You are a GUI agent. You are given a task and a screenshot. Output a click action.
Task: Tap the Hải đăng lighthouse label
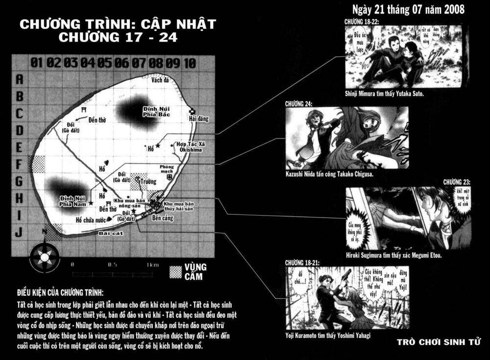tap(196, 119)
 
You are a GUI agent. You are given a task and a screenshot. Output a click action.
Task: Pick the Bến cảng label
tap(163, 217)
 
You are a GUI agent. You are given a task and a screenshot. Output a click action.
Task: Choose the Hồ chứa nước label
tap(91, 220)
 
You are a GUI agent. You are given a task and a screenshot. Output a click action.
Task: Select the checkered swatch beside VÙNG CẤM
tap(175, 272)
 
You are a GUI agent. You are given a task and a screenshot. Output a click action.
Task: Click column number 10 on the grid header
tap(190, 63)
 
